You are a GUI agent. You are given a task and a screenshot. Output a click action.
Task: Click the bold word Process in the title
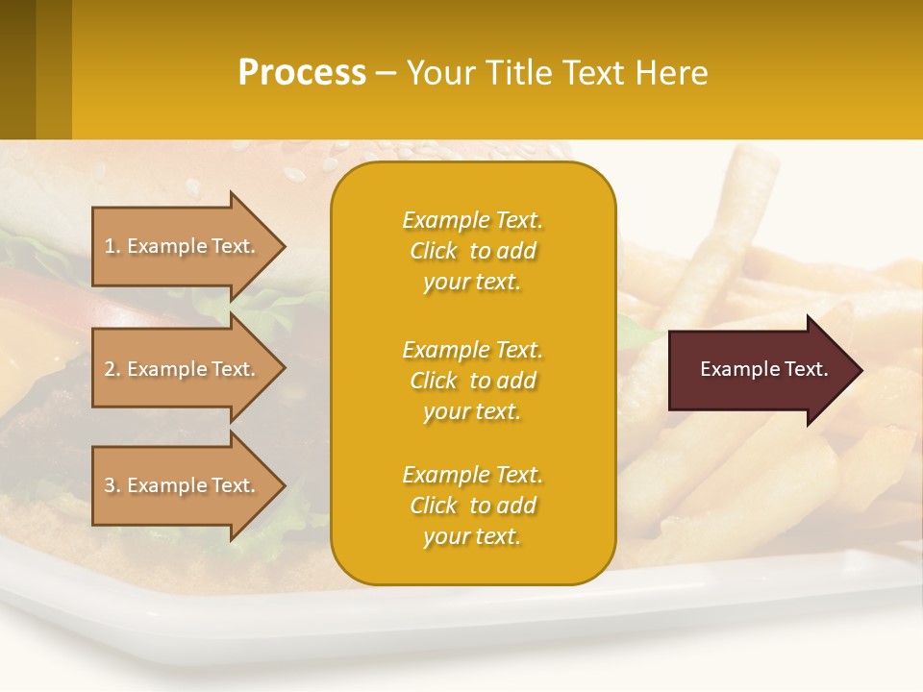point(302,73)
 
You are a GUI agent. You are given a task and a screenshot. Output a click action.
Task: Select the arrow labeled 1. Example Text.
point(183,246)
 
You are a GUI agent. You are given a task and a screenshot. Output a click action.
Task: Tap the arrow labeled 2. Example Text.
point(183,369)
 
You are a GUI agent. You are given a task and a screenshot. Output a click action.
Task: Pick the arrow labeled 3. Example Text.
point(183,485)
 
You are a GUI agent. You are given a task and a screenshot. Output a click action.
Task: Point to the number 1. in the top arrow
point(112,246)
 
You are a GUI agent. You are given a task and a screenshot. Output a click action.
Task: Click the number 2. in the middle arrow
point(112,369)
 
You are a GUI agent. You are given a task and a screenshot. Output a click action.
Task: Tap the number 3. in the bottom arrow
point(112,485)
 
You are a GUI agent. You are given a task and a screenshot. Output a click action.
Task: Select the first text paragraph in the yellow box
point(472,251)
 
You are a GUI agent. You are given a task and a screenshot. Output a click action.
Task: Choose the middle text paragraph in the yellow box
point(472,381)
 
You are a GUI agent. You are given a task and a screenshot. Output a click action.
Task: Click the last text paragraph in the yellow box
point(472,506)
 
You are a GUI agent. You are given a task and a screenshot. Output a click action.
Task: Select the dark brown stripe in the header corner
point(17,69)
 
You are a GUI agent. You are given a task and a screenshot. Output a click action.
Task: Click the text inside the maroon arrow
point(764,369)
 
